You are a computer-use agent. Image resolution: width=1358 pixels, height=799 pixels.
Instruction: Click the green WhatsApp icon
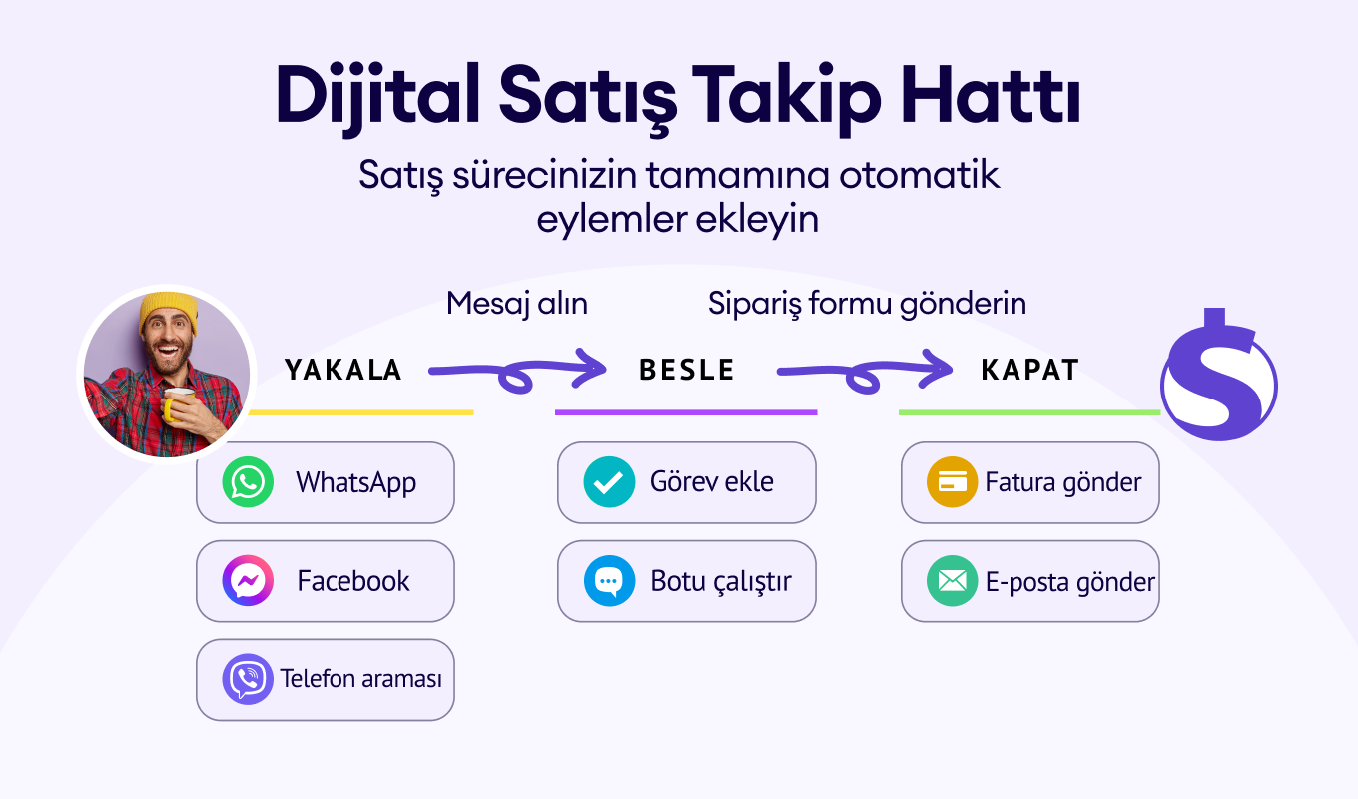pos(248,482)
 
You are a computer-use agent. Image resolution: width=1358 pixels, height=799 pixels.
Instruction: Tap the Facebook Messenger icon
pos(248,580)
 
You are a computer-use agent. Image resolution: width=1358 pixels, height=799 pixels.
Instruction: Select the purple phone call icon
pos(248,679)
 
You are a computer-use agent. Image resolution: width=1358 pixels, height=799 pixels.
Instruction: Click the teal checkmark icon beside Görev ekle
pos(609,482)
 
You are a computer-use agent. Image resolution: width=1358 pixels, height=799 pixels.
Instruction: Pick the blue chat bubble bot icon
pos(609,580)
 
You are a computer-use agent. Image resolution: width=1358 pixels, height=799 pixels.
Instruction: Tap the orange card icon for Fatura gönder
pos(952,482)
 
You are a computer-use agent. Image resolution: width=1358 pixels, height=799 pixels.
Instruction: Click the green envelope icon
pos(952,580)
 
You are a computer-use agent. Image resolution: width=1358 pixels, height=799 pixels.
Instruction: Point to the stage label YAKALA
pos(343,370)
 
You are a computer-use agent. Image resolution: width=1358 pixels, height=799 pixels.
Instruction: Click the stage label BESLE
pos(687,370)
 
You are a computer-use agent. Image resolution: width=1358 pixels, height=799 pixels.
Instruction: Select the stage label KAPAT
pos(1030,370)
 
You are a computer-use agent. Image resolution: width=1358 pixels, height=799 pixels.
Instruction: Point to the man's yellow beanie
pos(168,310)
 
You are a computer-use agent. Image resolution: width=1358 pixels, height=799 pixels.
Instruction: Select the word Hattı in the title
pos(990,97)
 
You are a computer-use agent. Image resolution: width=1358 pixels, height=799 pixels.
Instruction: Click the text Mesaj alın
pos(517,303)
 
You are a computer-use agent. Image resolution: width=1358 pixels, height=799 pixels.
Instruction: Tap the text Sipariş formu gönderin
pos(867,303)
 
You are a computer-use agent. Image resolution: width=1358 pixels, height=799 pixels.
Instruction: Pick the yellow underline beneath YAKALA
pos(360,412)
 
